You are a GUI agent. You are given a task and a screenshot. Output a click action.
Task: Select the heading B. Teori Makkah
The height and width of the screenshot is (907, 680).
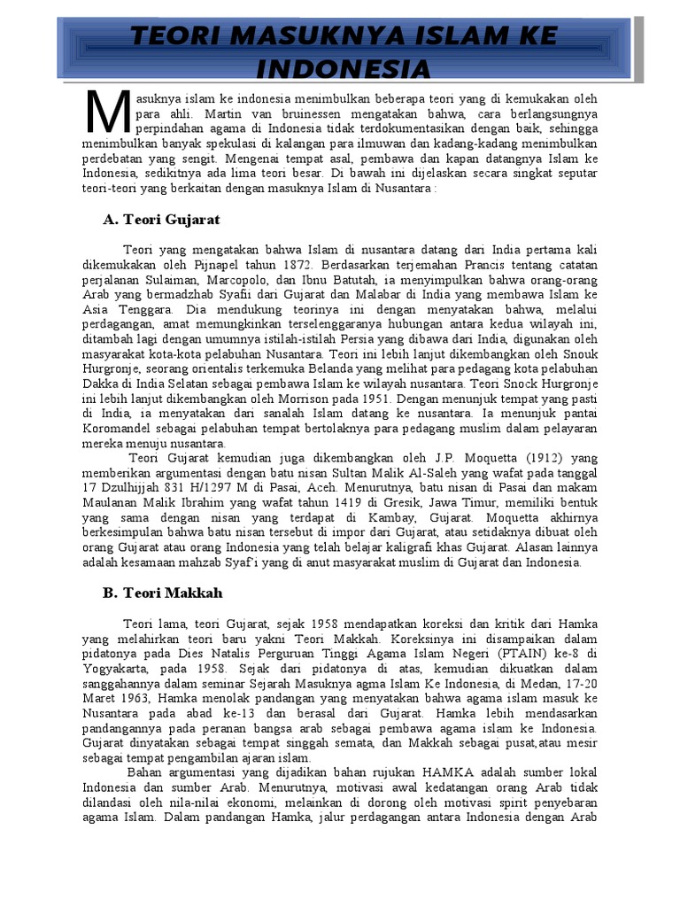pyautogui.click(x=162, y=593)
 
